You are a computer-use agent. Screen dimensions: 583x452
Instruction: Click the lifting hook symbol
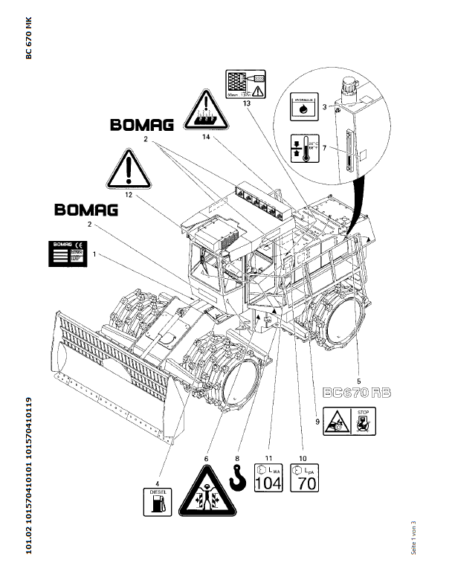point(238,479)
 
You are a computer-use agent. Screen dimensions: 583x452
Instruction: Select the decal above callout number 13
point(245,83)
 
